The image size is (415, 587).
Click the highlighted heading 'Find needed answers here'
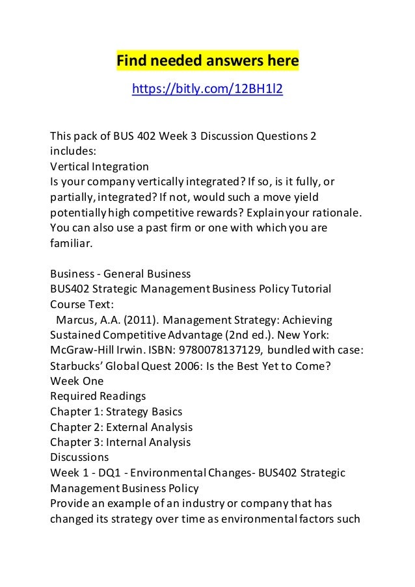pos(207,61)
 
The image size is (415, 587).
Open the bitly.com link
pos(207,88)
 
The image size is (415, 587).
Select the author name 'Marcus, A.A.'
pos(87,320)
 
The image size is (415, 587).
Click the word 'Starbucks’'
pos(78,365)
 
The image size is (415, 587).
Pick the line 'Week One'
pos(76,381)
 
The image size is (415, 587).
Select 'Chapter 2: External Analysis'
pos(121,427)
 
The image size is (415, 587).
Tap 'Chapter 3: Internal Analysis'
pos(120,442)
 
